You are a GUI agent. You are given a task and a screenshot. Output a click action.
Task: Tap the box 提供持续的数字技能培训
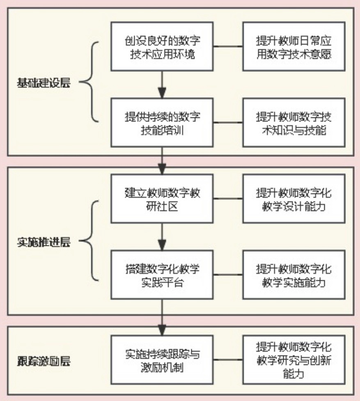tap(163, 123)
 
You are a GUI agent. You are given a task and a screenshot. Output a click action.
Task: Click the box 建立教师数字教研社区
tap(163, 199)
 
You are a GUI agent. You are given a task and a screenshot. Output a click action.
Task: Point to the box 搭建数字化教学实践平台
tap(163, 275)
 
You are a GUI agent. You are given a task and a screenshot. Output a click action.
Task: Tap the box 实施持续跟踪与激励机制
tap(163, 360)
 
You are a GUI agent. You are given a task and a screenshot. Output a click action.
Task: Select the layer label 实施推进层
tap(44, 242)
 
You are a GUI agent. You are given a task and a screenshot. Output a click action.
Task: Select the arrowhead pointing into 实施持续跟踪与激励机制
tap(163, 330)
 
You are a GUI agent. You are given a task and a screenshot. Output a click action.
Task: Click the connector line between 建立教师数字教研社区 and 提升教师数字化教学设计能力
tap(228, 199)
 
